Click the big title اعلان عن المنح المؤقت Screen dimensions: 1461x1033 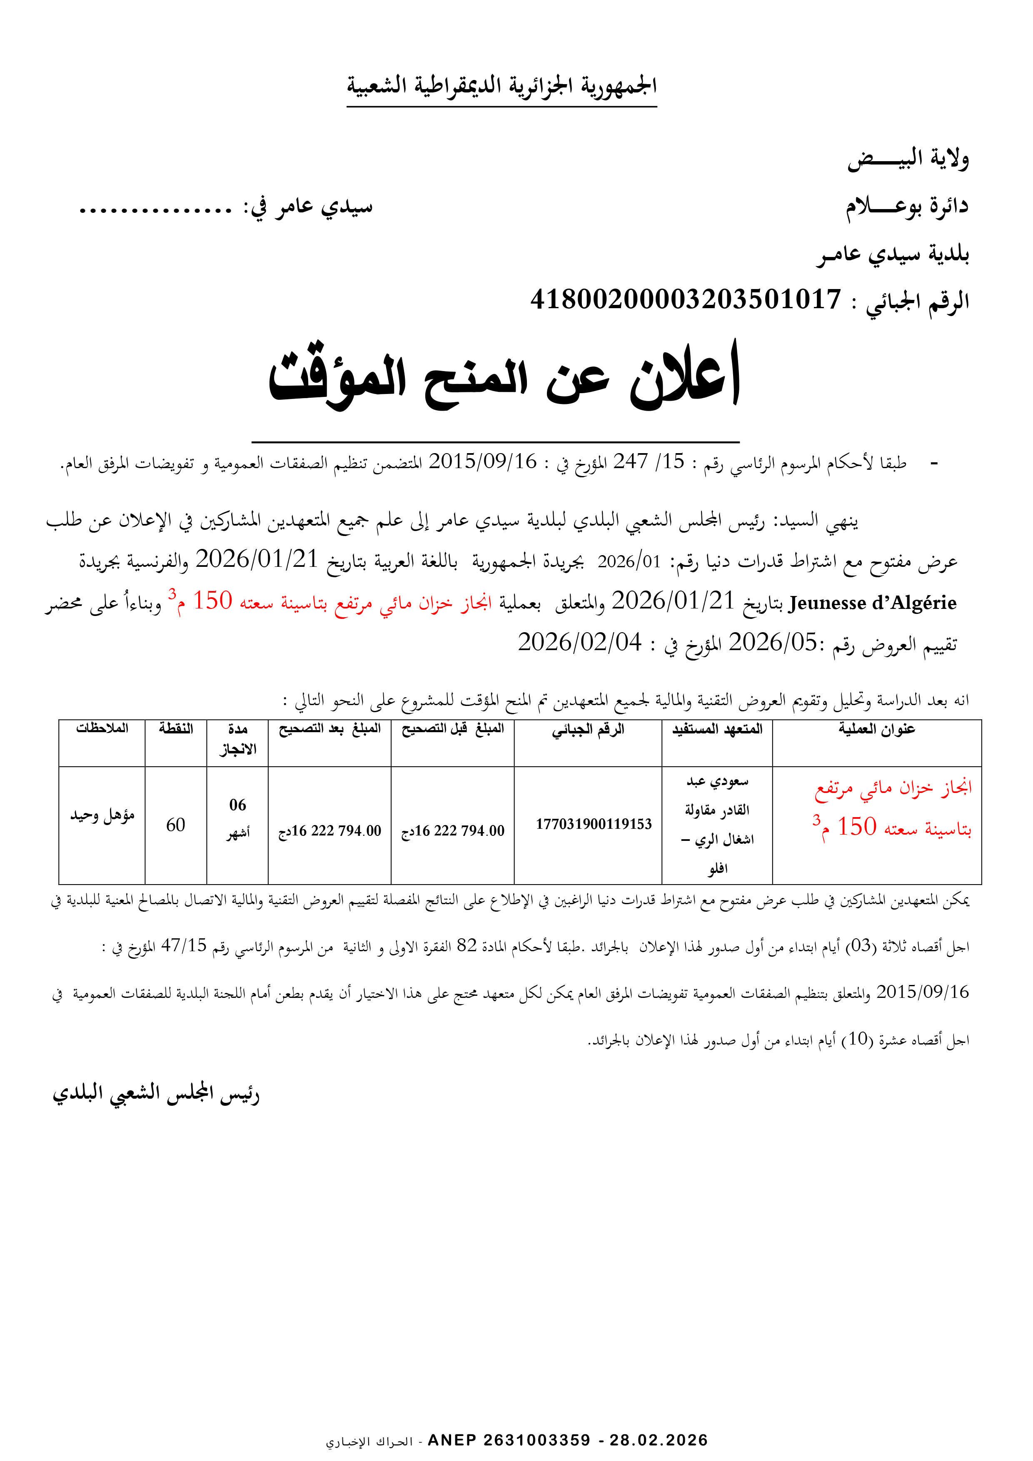click(504, 377)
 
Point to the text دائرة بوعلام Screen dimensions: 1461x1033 click(906, 206)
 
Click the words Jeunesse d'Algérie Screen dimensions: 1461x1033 click(872, 603)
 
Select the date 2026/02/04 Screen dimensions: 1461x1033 click(580, 643)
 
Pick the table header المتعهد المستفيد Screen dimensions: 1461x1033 click(717, 729)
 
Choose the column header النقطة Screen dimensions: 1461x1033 click(176, 729)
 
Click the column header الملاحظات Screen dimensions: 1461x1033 click(102, 729)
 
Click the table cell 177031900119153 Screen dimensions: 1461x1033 click(594, 825)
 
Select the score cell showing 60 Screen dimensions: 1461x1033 click(176, 825)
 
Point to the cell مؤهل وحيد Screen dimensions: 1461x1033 click(102, 815)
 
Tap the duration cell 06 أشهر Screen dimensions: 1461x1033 click(238, 818)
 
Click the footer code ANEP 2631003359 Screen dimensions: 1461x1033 click(509, 1440)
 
